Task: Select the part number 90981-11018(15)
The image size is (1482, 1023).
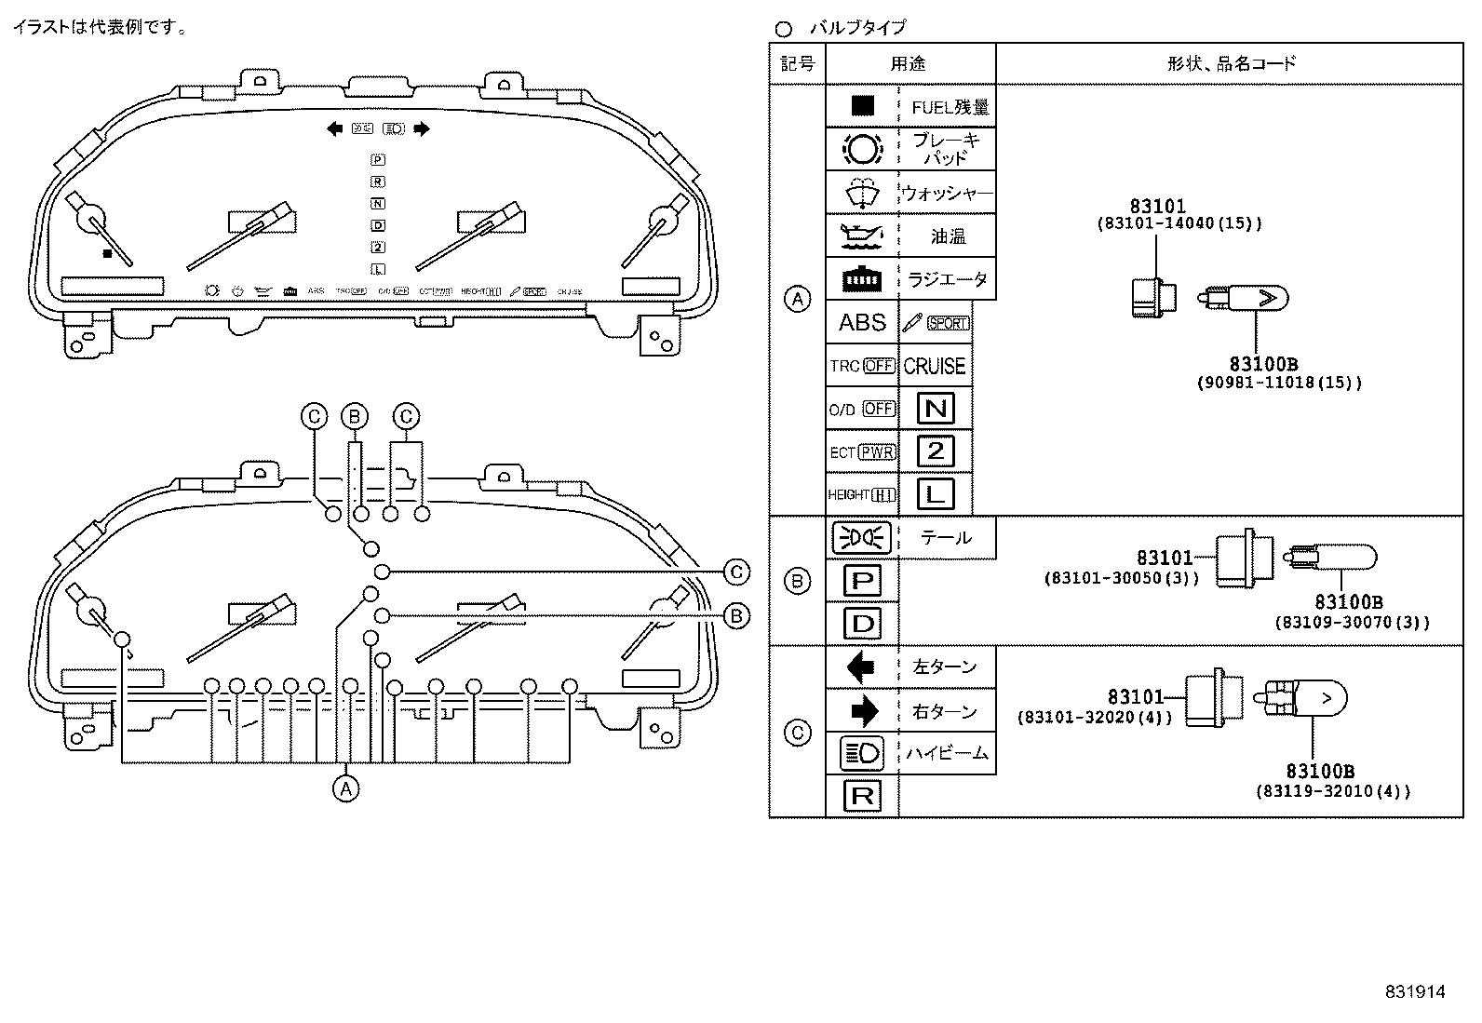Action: click(1278, 383)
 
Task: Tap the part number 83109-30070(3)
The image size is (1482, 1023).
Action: click(1352, 622)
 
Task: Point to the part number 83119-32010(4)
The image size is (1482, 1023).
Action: click(1332, 791)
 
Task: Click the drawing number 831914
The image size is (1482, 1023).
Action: click(1414, 992)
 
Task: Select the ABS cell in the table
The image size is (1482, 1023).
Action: click(862, 322)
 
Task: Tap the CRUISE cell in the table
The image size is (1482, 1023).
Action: click(935, 366)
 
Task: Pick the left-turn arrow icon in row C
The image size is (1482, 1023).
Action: click(861, 667)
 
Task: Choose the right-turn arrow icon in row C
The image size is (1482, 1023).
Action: click(863, 711)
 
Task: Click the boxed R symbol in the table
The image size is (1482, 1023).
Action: click(862, 796)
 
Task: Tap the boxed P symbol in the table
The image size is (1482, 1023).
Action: click(862, 581)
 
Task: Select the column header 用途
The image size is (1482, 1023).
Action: click(909, 63)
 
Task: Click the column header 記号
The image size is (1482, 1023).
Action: click(797, 63)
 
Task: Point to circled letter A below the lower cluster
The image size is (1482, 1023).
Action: click(345, 788)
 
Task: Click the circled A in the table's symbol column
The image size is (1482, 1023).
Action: click(798, 300)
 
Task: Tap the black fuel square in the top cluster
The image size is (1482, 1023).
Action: click(108, 252)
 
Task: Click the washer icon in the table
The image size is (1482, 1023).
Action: click(862, 193)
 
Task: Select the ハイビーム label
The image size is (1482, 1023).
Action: click(947, 753)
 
